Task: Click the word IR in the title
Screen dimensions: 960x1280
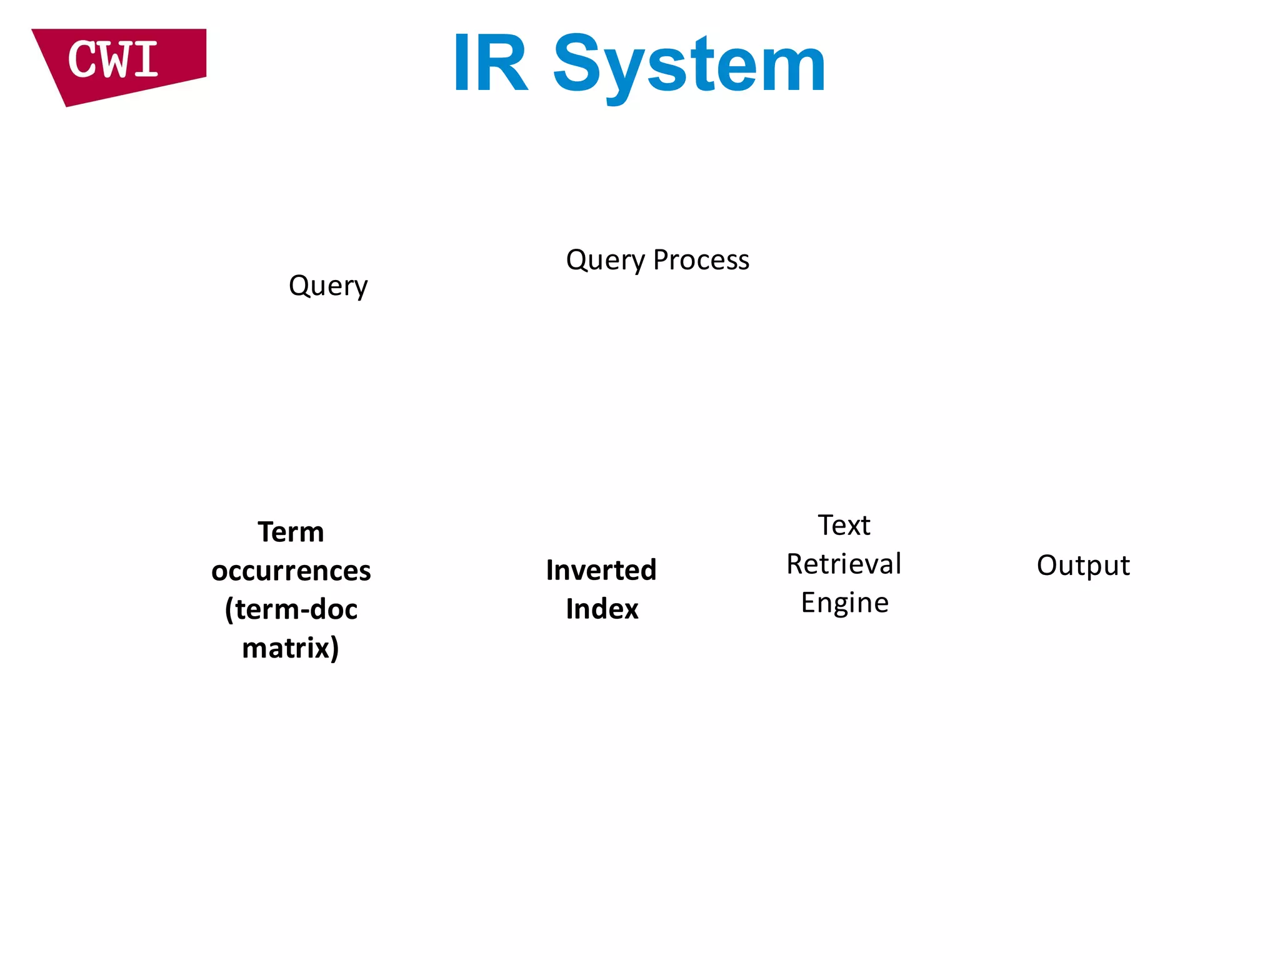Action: (x=491, y=64)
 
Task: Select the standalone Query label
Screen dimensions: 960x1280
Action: (x=328, y=286)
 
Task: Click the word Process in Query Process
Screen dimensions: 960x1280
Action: (x=701, y=260)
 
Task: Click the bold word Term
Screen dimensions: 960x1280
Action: (x=291, y=532)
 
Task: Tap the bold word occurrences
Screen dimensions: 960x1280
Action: (x=291, y=571)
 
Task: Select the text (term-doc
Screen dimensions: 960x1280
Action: (x=291, y=609)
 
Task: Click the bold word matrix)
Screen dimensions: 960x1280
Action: (x=291, y=648)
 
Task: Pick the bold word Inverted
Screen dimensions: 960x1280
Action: (x=601, y=570)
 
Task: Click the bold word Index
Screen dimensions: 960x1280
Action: (x=602, y=609)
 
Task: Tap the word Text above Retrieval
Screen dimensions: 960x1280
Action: (x=844, y=525)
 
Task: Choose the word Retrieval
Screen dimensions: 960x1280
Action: (x=844, y=564)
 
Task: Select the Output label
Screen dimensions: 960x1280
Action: (x=1083, y=566)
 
